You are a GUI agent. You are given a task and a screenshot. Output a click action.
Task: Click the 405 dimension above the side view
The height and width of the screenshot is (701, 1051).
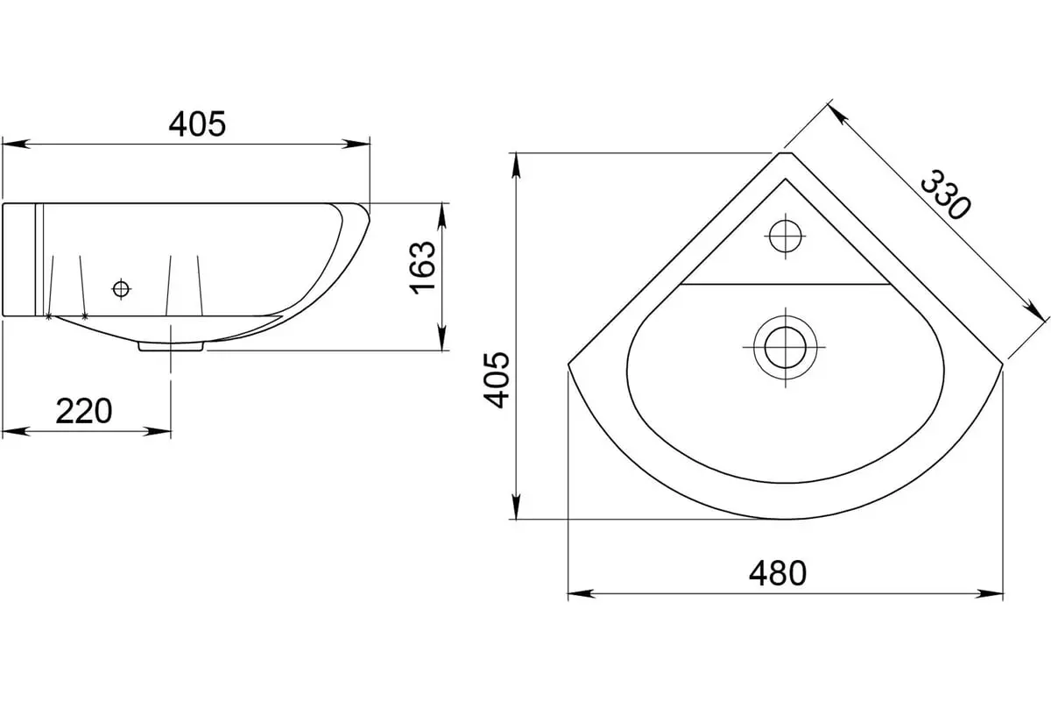click(x=198, y=124)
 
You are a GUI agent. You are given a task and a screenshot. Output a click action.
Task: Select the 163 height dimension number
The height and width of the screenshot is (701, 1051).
click(x=423, y=268)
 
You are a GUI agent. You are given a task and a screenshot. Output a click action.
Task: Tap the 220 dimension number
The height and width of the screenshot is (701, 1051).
click(x=84, y=411)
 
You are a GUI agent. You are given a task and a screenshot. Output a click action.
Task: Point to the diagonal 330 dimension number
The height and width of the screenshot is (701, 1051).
click(x=944, y=195)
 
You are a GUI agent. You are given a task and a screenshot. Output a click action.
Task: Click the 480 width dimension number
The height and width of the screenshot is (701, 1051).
click(x=778, y=573)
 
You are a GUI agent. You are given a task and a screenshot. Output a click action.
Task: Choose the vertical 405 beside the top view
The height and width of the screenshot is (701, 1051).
click(x=497, y=379)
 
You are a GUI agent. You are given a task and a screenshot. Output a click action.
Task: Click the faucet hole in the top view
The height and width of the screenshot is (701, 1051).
click(x=786, y=237)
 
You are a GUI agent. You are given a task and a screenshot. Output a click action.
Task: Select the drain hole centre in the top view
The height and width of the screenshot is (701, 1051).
click(x=786, y=348)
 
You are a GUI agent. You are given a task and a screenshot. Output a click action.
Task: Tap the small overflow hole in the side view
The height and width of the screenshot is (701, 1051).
click(x=121, y=289)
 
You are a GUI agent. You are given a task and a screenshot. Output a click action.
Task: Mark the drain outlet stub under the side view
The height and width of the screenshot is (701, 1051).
click(x=171, y=346)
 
